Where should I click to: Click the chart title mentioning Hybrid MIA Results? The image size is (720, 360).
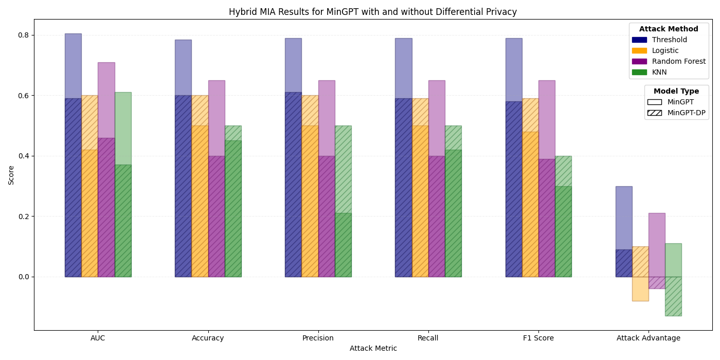click(373, 12)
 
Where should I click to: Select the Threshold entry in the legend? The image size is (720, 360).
click(669, 40)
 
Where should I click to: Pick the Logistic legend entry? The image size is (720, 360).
click(665, 50)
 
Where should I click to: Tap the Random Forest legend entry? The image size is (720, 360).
click(678, 61)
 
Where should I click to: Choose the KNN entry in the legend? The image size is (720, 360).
click(659, 72)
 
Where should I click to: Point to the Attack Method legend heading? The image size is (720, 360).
click(669, 29)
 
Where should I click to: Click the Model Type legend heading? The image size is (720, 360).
click(676, 92)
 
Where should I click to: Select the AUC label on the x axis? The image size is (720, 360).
click(98, 338)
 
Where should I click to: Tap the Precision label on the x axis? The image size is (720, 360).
click(318, 338)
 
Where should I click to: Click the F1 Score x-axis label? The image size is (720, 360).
click(538, 338)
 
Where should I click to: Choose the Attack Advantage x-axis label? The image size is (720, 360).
click(648, 338)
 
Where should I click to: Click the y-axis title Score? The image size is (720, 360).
click(11, 175)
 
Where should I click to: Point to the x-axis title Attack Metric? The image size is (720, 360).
click(373, 348)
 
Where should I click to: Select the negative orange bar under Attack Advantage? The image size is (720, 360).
click(640, 289)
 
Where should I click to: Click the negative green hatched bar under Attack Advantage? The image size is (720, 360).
click(673, 296)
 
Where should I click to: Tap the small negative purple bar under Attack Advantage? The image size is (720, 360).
click(657, 282)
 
